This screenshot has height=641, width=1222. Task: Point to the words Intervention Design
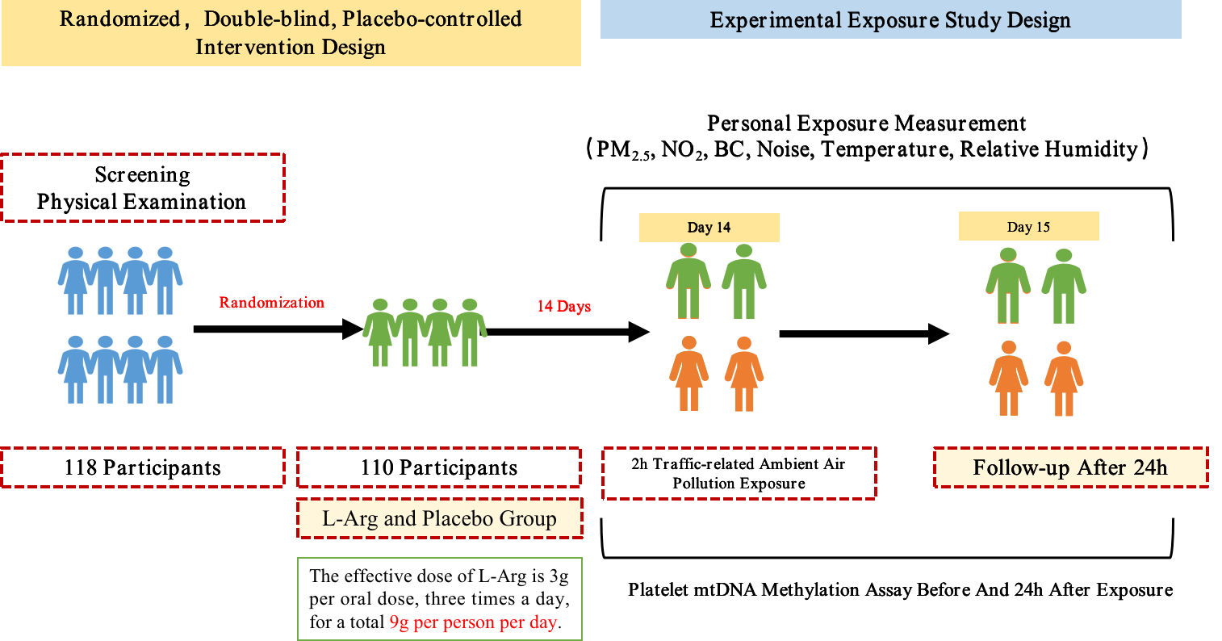pyautogui.click(x=291, y=46)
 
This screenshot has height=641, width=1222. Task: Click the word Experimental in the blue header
pyautogui.click(x=774, y=20)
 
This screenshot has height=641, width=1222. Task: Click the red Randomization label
pyautogui.click(x=271, y=303)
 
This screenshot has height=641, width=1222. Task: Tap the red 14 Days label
pyautogui.click(x=564, y=307)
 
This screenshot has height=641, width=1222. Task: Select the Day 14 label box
pyautogui.click(x=709, y=228)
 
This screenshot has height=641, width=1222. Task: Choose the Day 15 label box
pyautogui.click(x=1028, y=227)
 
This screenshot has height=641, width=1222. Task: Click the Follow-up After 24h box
pyautogui.click(x=1070, y=467)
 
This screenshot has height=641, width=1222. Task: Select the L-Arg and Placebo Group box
pyautogui.click(x=439, y=518)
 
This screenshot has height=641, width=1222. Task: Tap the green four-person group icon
pyautogui.click(x=425, y=332)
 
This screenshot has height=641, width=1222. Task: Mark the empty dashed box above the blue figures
pyautogui.click(x=143, y=186)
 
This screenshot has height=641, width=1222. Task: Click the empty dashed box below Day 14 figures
pyautogui.click(x=739, y=473)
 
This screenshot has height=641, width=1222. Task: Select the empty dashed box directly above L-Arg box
pyautogui.click(x=439, y=467)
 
